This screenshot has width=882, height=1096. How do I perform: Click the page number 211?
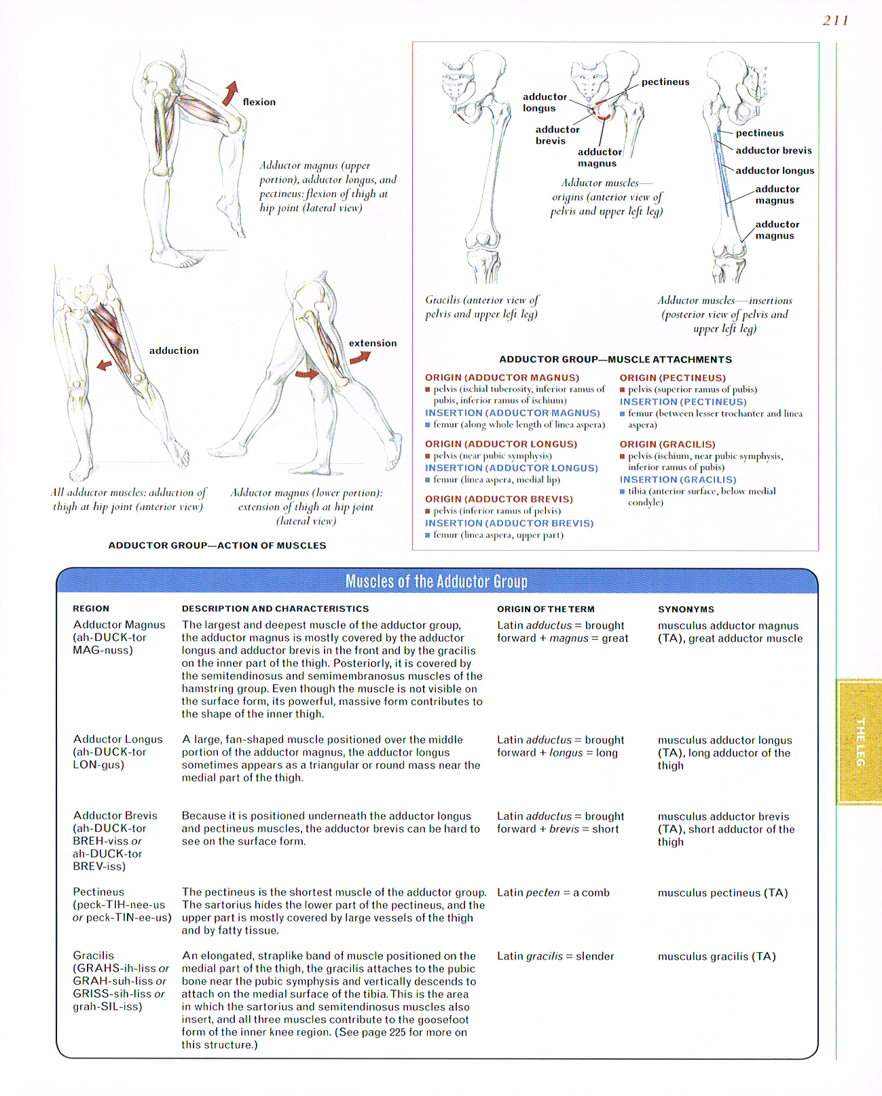pos(834,20)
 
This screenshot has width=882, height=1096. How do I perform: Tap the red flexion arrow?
pos(231,93)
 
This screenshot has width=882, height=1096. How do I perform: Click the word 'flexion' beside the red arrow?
pos(259,102)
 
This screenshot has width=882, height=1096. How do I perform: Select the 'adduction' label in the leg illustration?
pos(174,350)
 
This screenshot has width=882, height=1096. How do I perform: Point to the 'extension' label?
pos(372,343)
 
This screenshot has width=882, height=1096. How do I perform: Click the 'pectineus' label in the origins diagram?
pos(665,81)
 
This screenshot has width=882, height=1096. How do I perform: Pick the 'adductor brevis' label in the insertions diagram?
pos(773,151)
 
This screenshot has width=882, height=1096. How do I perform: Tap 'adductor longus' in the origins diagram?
pos(544,103)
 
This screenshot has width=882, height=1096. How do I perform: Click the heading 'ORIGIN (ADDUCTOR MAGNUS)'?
pos(502,378)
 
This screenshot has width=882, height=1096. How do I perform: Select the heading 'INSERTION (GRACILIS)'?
pos(677,479)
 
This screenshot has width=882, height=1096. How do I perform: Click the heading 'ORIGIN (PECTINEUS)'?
pos(672,378)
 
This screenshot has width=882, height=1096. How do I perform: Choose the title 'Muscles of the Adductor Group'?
pos(436,581)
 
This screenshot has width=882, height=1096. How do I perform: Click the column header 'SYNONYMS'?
pos(685,609)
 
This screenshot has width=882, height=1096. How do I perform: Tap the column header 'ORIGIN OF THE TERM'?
pos(545,609)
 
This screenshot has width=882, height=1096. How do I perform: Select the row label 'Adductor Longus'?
pos(117,739)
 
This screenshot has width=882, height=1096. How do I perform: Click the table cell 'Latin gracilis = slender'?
pos(555,956)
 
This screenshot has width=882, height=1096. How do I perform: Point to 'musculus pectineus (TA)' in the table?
pos(722,893)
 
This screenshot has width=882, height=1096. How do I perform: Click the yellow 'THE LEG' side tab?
pos(860,742)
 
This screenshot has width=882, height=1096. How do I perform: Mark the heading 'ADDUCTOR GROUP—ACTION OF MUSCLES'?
pos(217,545)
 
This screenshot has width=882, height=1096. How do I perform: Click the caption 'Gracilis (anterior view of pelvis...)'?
pos(481,307)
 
